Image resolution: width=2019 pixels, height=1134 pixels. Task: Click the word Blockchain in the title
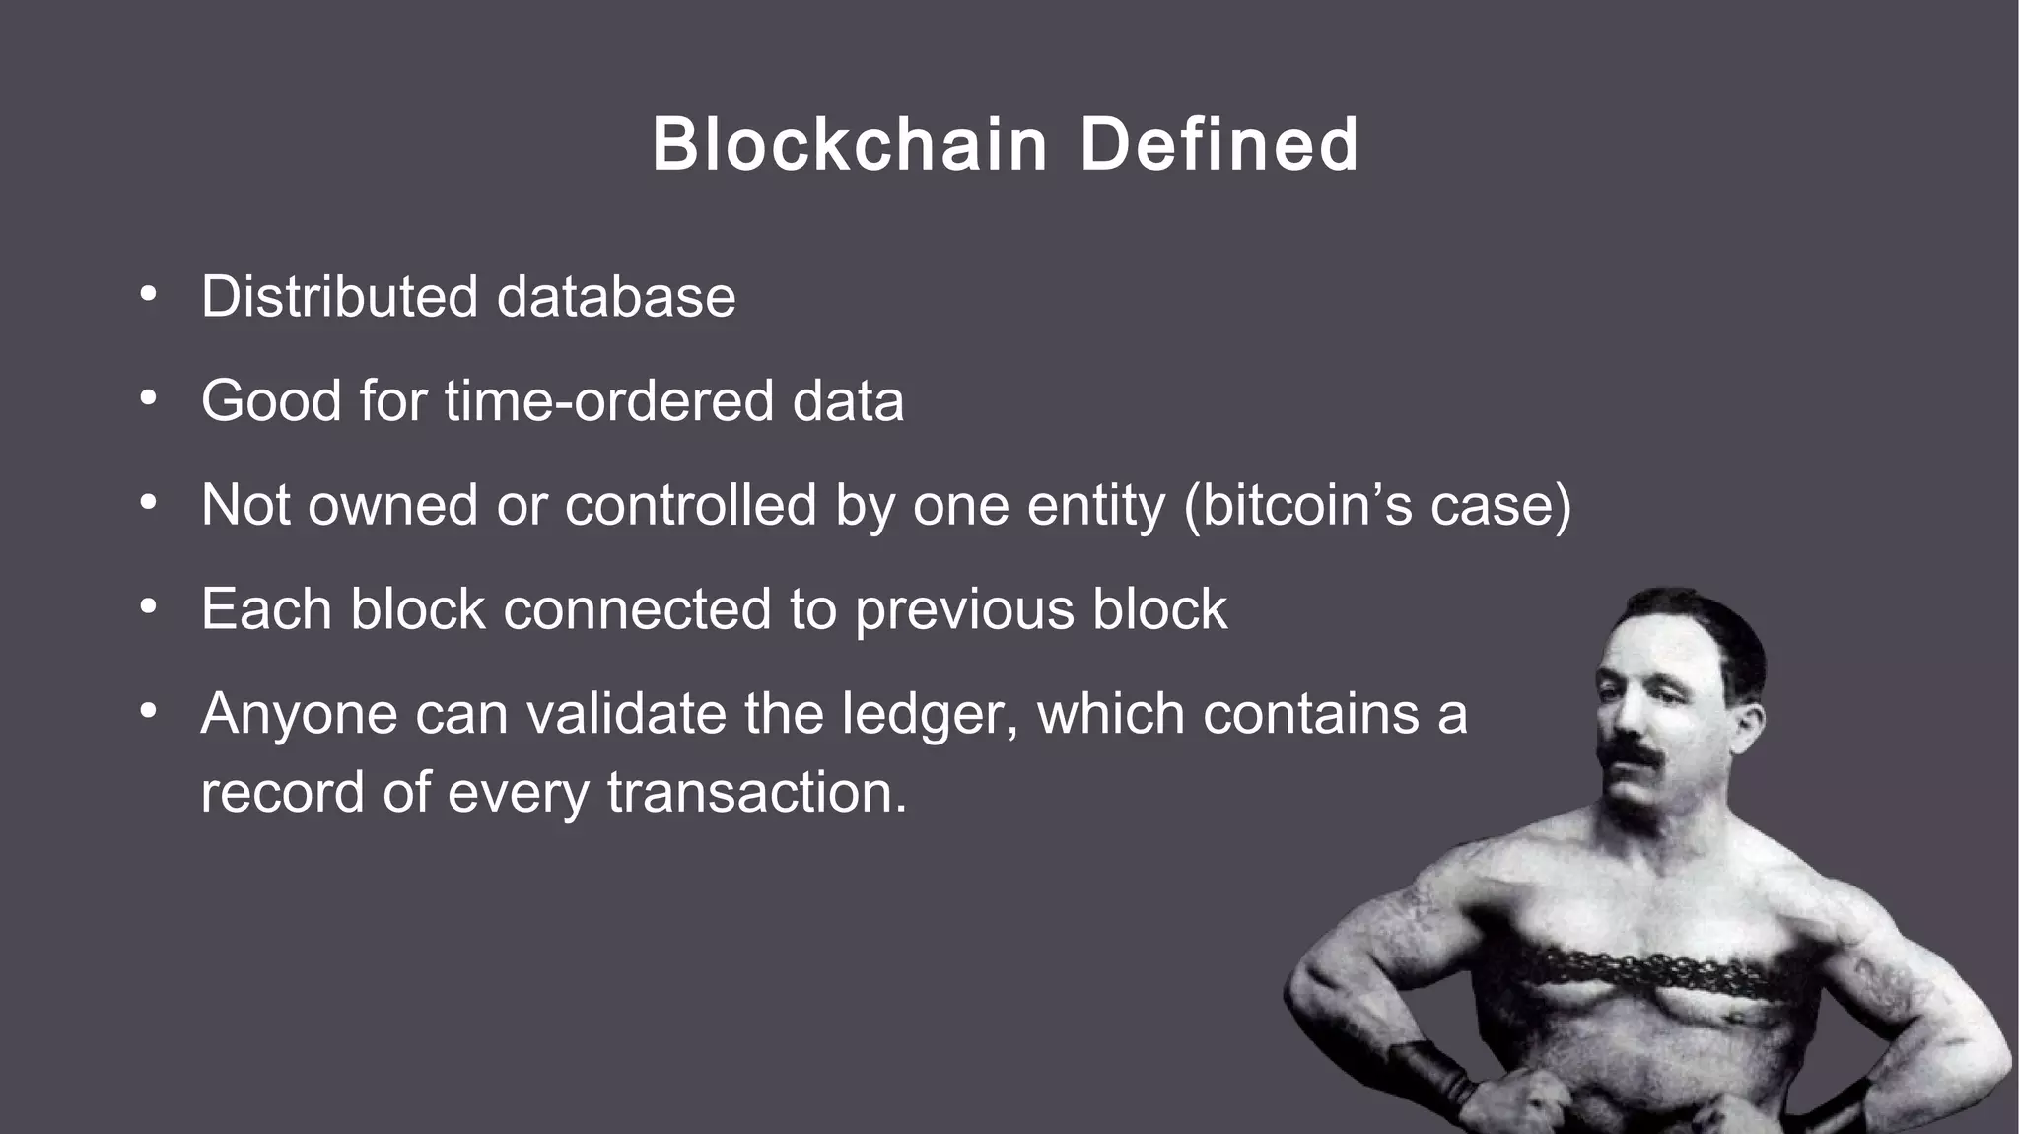pos(849,145)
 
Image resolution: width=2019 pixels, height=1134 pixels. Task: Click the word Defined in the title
pos(1219,145)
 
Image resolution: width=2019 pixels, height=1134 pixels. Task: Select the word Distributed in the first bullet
pos(340,296)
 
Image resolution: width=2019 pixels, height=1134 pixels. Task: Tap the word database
pos(616,296)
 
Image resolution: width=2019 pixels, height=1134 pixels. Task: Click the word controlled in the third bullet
pos(690,505)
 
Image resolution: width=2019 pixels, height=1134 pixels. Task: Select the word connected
pos(637,609)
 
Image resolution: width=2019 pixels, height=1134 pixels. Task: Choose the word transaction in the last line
pos(756,792)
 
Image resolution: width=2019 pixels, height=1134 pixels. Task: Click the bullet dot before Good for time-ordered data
pos(148,399)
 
